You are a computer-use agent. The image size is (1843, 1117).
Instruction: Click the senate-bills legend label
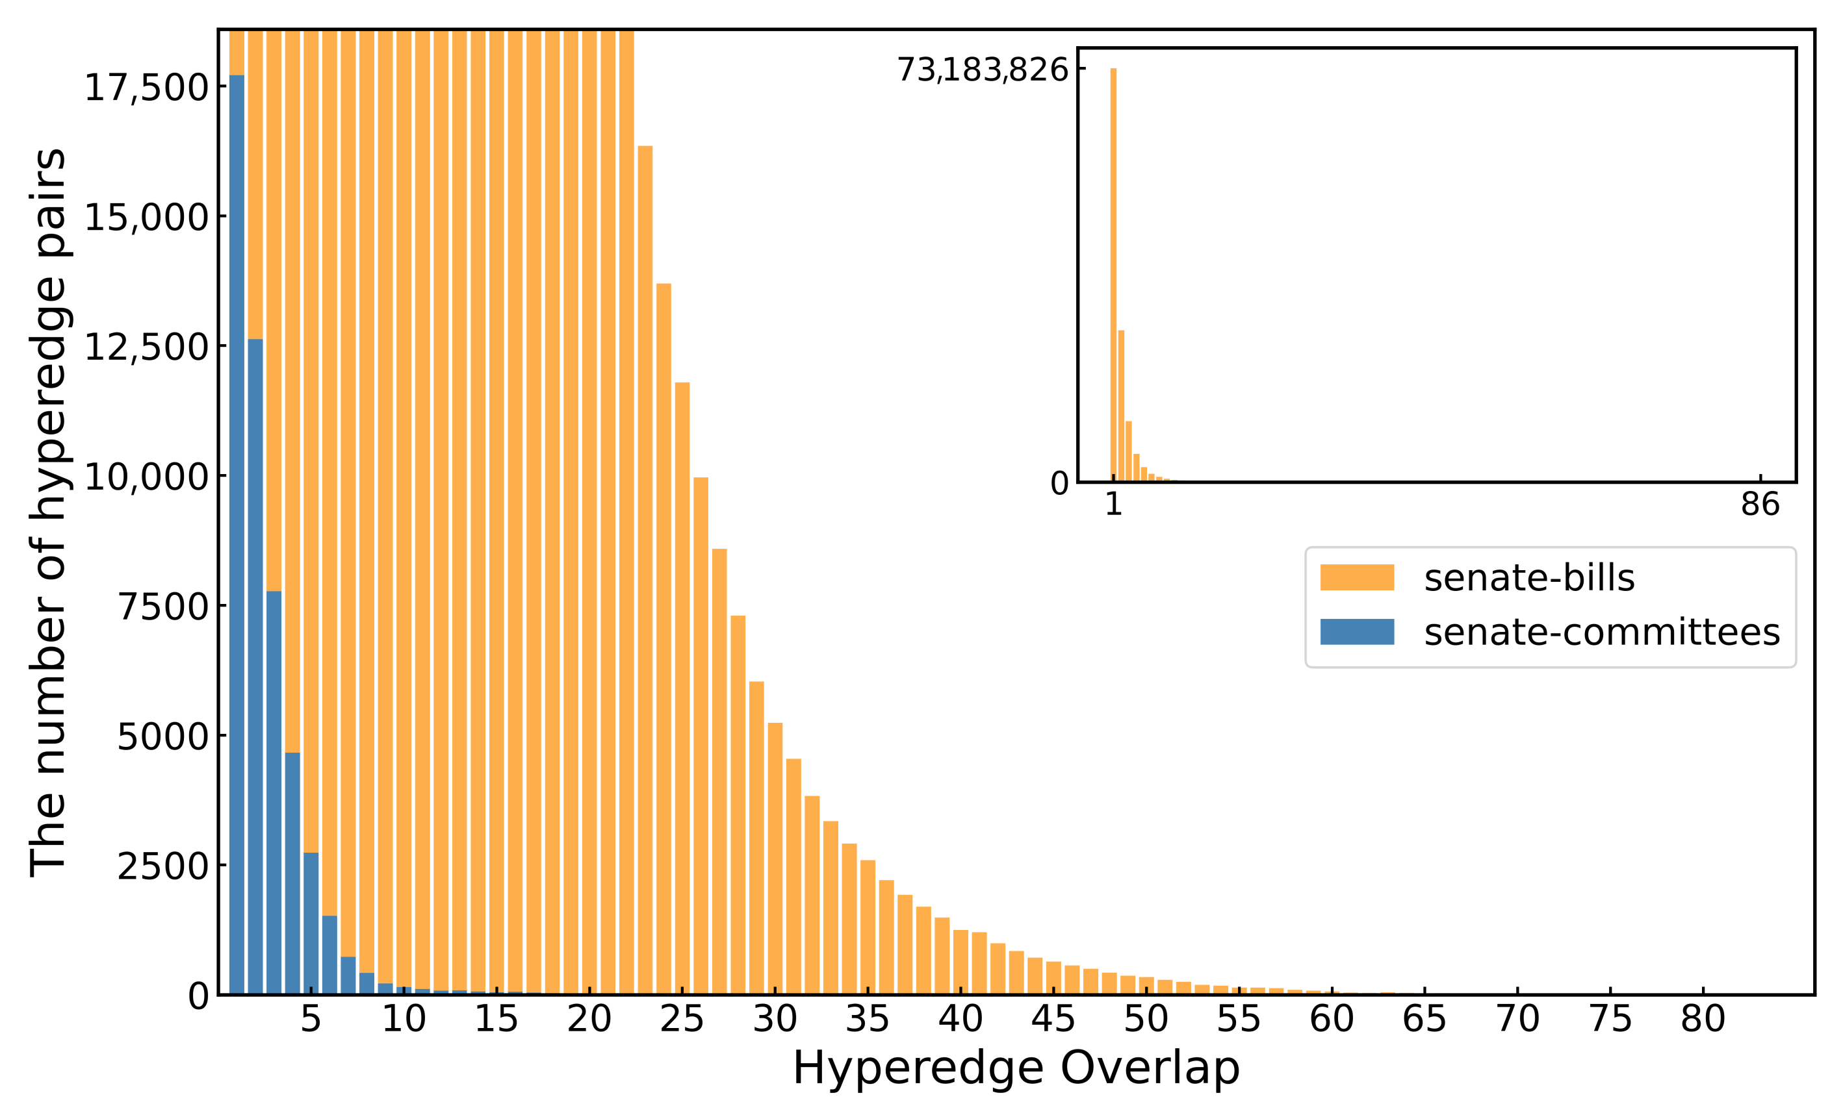click(x=1528, y=578)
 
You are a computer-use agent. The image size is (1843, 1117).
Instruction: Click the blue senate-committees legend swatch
click(x=1356, y=632)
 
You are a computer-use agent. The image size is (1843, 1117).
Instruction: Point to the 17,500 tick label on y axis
click(x=146, y=88)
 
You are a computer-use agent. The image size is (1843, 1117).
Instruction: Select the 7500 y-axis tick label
click(x=162, y=607)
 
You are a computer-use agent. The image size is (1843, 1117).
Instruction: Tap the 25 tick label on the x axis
click(x=682, y=1018)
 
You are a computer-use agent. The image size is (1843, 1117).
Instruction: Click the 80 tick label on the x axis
click(x=1703, y=1018)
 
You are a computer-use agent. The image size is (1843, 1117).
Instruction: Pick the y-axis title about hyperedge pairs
click(x=48, y=512)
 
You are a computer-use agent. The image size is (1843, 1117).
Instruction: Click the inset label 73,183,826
click(x=982, y=69)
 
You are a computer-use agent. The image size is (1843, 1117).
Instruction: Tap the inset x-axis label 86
click(x=1759, y=505)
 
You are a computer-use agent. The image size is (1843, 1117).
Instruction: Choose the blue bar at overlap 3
click(x=274, y=792)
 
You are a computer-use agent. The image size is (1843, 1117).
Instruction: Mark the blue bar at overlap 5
click(x=311, y=923)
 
